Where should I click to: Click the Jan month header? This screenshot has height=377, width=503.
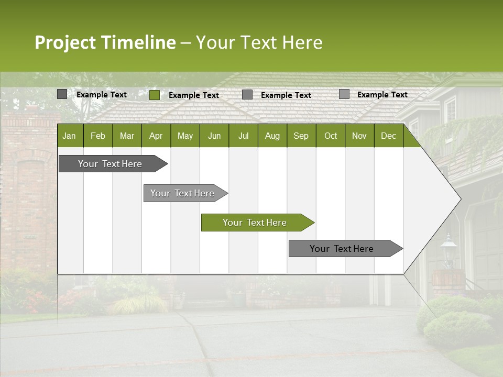pyautogui.click(x=70, y=136)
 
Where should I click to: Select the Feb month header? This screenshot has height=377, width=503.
pyautogui.click(x=98, y=136)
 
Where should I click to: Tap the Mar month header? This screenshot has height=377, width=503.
pyautogui.click(x=127, y=136)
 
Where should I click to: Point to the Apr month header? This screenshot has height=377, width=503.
pyautogui.click(x=156, y=136)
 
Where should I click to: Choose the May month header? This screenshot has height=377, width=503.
pyautogui.click(x=185, y=136)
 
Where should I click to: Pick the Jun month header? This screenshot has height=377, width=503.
pyautogui.click(x=214, y=136)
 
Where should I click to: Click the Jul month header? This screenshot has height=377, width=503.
pyautogui.click(x=243, y=136)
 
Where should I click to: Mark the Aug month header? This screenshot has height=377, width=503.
pyautogui.click(x=272, y=136)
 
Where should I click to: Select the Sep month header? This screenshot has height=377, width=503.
pyautogui.click(x=301, y=136)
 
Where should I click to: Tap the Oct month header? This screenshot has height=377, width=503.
pyautogui.click(x=331, y=136)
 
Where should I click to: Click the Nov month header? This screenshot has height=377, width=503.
pyautogui.click(x=359, y=136)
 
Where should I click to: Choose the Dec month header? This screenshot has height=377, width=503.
pyautogui.click(x=388, y=136)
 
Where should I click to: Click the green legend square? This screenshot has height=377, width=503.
pyautogui.click(x=155, y=95)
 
